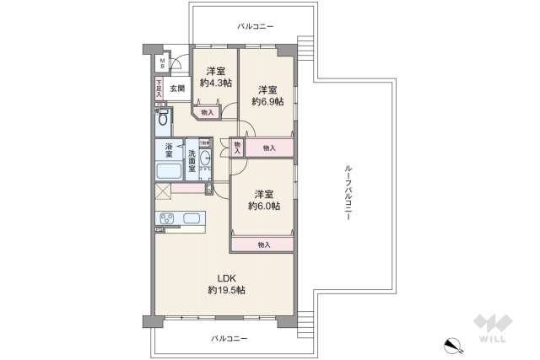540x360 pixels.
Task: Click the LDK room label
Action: tap(226, 277)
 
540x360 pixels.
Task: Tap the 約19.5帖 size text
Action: tap(226, 290)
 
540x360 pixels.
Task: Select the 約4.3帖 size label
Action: tap(215, 83)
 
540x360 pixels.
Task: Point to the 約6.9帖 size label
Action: tap(267, 101)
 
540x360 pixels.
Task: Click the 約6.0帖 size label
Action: tap(264, 206)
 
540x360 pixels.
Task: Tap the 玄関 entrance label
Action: tap(176, 88)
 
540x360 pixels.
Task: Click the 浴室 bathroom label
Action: tap(168, 152)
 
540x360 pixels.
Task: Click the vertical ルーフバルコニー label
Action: tap(347, 192)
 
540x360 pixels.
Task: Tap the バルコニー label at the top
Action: tap(256, 27)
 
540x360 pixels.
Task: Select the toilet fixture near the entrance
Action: tap(163, 119)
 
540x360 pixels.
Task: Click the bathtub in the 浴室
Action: tap(168, 171)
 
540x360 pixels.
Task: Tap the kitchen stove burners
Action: tap(167, 220)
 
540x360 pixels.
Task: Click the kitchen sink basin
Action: tap(192, 220)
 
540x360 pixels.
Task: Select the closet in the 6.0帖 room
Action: tap(263, 244)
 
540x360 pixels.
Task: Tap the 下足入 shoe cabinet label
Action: tap(158, 87)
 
